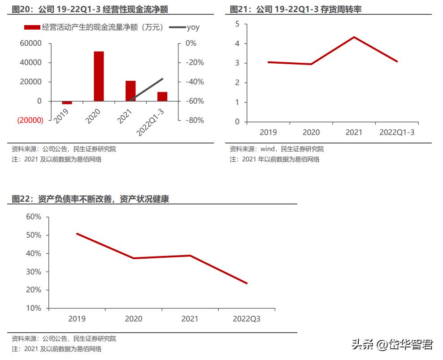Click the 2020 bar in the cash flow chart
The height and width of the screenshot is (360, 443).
(x=99, y=76)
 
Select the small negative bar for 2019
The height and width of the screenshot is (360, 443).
(x=67, y=103)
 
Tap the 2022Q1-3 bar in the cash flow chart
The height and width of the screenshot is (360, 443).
(x=162, y=96)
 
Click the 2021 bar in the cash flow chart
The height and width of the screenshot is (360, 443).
(x=130, y=91)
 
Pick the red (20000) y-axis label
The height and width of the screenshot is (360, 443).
(x=30, y=121)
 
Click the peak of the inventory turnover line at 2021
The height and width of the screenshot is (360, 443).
(x=354, y=37)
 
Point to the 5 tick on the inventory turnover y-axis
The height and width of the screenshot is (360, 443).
(x=237, y=24)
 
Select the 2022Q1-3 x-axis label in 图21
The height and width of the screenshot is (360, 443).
(x=397, y=132)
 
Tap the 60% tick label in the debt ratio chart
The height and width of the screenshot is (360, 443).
(x=34, y=217)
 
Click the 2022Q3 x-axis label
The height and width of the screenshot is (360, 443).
(x=247, y=319)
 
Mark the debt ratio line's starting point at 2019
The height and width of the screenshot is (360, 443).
(x=77, y=234)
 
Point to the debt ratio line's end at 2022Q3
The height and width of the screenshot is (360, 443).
(x=247, y=283)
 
